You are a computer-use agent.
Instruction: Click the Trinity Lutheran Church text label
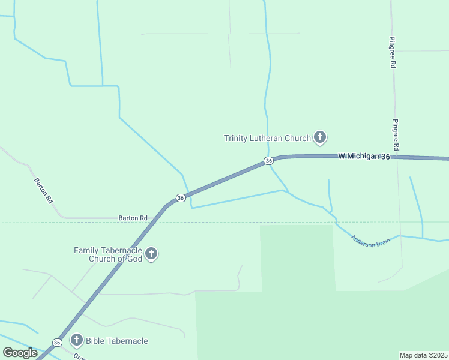point(267,138)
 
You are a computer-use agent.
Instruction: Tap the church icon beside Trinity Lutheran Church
point(320,138)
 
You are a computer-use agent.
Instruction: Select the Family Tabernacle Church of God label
point(108,254)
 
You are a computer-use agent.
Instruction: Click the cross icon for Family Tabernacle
point(151,254)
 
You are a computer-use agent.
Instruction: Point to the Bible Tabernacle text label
point(116,341)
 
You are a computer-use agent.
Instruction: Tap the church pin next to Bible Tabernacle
point(76,340)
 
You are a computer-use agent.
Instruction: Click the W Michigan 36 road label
point(364,156)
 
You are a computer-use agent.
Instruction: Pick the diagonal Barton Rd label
point(44,191)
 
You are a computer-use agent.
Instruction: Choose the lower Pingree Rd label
point(396,135)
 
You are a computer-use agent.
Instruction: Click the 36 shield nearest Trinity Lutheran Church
point(268,161)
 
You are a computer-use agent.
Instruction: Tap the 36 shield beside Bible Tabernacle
point(56,342)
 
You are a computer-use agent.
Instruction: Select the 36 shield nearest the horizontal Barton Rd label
point(180,197)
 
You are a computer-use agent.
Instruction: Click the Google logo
point(20,352)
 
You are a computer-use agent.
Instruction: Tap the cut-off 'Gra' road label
point(79,356)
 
